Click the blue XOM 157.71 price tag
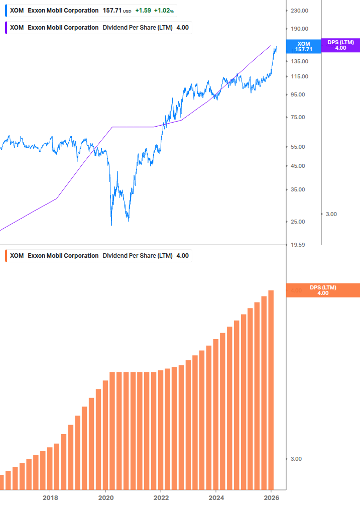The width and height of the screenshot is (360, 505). (x=304, y=47)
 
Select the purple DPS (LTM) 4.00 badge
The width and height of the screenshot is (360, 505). (x=340, y=45)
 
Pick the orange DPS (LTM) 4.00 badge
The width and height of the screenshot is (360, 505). (x=323, y=290)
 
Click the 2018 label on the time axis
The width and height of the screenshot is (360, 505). (x=50, y=497)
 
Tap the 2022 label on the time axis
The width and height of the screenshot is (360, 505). (x=161, y=497)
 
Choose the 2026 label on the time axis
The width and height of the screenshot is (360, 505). (x=271, y=497)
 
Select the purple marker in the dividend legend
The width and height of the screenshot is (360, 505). (x=6, y=27)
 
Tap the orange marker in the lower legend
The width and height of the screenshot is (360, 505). (x=6, y=255)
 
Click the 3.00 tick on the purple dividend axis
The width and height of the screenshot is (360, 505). (x=331, y=214)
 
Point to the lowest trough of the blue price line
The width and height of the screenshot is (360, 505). (x=111, y=224)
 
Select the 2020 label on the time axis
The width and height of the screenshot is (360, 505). (x=105, y=497)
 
